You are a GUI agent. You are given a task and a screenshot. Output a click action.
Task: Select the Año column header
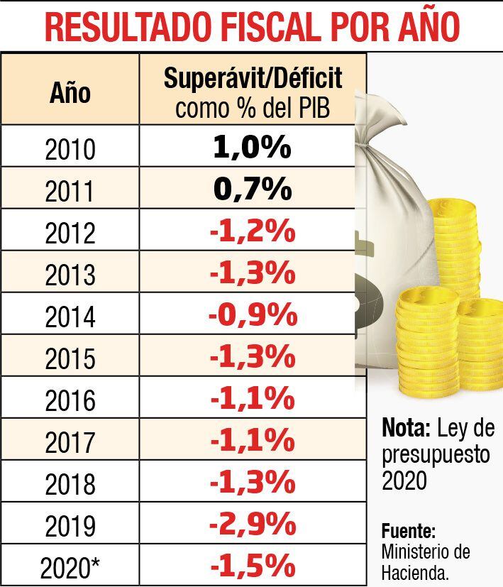click(70, 92)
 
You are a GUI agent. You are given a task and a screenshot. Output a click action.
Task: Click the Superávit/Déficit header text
click(253, 78)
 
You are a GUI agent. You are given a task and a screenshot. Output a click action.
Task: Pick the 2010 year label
click(70, 149)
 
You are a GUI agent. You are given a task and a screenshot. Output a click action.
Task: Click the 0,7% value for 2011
click(253, 190)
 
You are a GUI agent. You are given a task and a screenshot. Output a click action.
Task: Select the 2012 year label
click(70, 234)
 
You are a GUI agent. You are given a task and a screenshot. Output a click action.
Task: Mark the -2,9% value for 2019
click(253, 525)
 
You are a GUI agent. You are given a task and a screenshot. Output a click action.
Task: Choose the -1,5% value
click(253, 566)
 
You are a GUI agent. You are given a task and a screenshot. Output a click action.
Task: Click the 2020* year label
click(70, 568)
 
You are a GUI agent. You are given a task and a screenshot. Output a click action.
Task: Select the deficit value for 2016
click(253, 399)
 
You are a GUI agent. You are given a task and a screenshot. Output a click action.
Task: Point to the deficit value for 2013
click(253, 273)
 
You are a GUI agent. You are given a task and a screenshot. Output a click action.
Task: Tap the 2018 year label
click(70, 485)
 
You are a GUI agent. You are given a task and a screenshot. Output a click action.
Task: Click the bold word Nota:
click(407, 428)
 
